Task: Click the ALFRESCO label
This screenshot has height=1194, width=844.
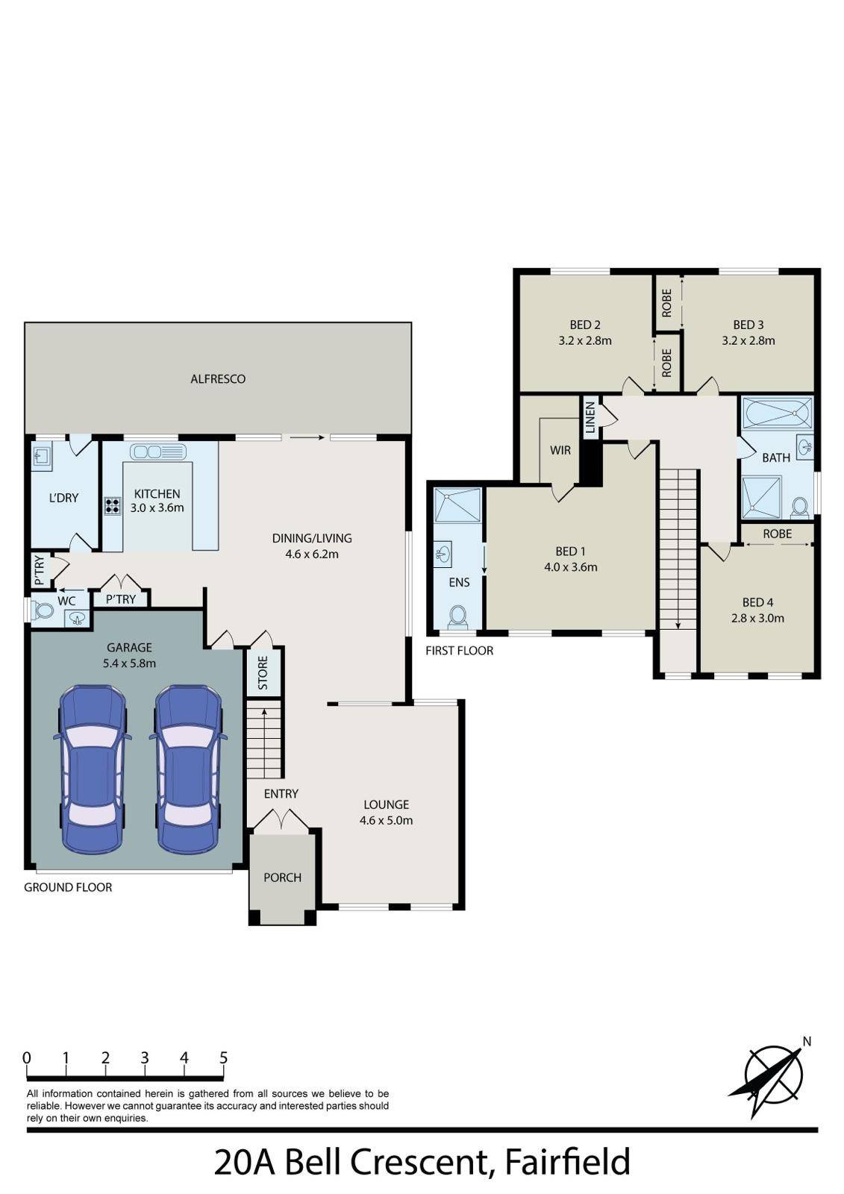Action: (218, 379)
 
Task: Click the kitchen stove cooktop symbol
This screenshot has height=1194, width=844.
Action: (112, 505)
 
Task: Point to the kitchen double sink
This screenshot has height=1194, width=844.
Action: (157, 452)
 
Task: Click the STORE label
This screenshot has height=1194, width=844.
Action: (263, 672)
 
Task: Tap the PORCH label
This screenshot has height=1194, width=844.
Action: (283, 878)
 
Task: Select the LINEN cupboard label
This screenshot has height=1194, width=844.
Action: (590, 417)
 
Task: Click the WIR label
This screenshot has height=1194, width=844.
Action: (560, 451)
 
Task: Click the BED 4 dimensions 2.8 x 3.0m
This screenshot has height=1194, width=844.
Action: (757, 619)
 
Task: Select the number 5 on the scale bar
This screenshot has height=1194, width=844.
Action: (223, 1057)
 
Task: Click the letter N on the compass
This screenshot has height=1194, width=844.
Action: (807, 1042)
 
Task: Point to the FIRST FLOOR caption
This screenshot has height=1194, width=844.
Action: (459, 650)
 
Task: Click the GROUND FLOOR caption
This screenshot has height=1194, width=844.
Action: (68, 887)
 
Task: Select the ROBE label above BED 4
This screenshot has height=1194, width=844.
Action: (777, 534)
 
